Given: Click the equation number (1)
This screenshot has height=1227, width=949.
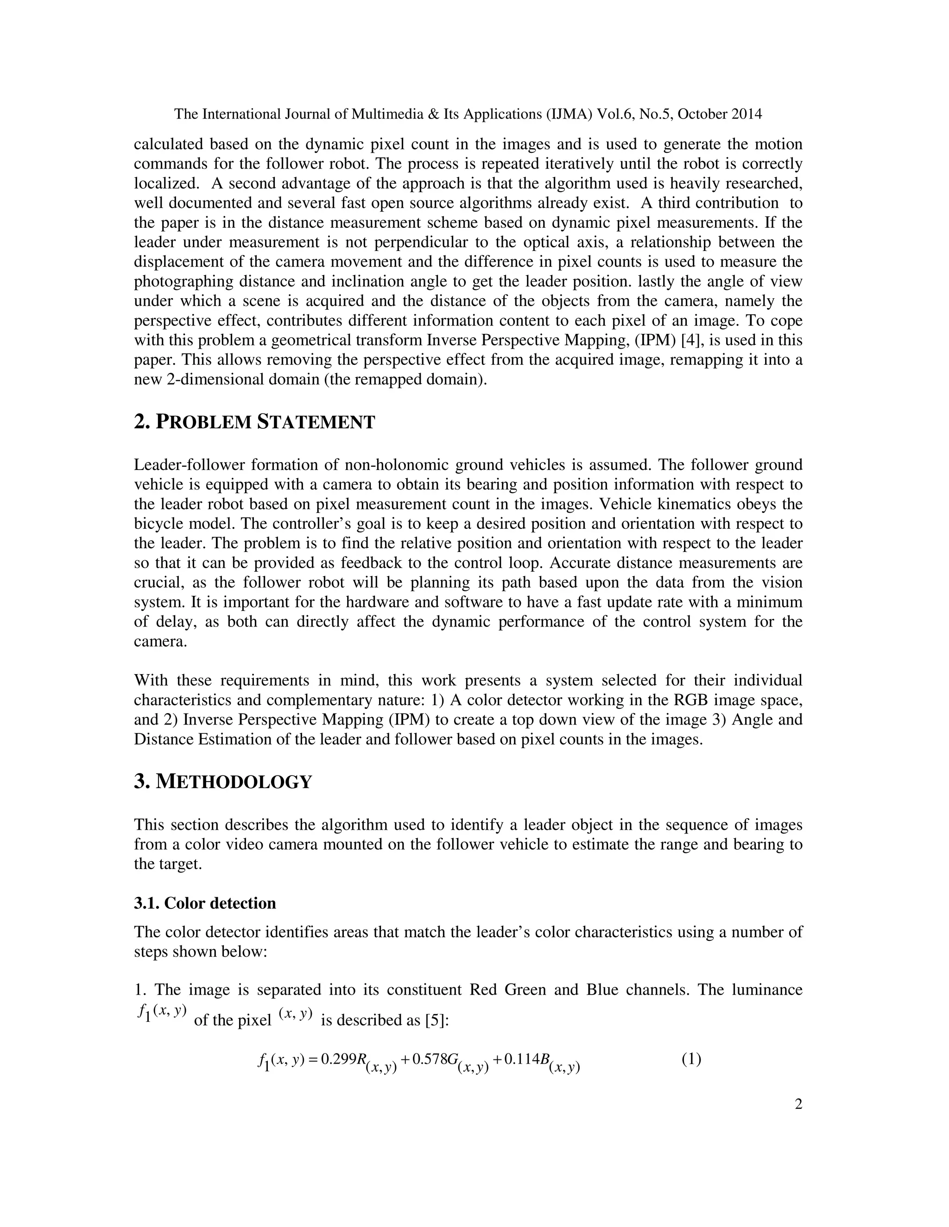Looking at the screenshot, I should click(x=691, y=1059).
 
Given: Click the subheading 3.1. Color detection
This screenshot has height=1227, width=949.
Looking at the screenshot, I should click(x=205, y=903).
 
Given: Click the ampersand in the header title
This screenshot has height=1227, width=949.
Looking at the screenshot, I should click(x=433, y=114).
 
